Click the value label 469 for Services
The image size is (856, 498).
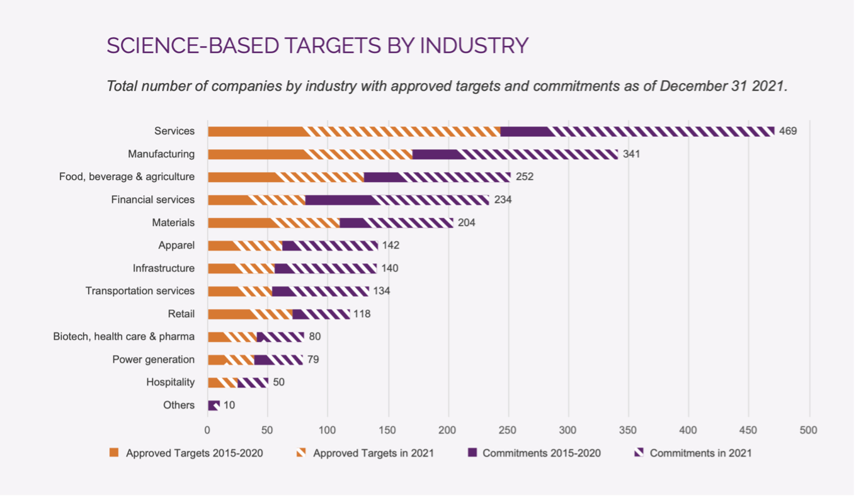click(x=788, y=131)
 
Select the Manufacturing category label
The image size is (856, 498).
click(x=161, y=154)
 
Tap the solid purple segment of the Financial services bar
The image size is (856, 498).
click(x=340, y=200)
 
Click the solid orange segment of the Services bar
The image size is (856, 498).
click(x=257, y=131)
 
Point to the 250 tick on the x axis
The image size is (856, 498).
click(x=508, y=430)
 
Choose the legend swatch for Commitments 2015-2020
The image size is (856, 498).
click(x=472, y=453)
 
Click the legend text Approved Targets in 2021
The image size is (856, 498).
click(x=373, y=453)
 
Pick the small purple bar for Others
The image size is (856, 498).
click(x=214, y=405)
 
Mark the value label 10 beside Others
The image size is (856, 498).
click(x=229, y=405)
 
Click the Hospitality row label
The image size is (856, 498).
click(x=171, y=382)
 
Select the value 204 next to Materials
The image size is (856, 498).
click(x=466, y=222)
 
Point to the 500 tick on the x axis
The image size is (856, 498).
click(x=809, y=430)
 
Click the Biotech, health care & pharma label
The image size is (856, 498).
click(x=124, y=336)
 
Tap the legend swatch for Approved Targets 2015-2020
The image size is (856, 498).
click(x=114, y=453)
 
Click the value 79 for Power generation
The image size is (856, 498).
click(x=313, y=359)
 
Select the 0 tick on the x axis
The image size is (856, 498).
click(x=207, y=430)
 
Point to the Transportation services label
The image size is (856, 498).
click(x=140, y=291)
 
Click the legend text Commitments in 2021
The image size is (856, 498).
click(x=700, y=453)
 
